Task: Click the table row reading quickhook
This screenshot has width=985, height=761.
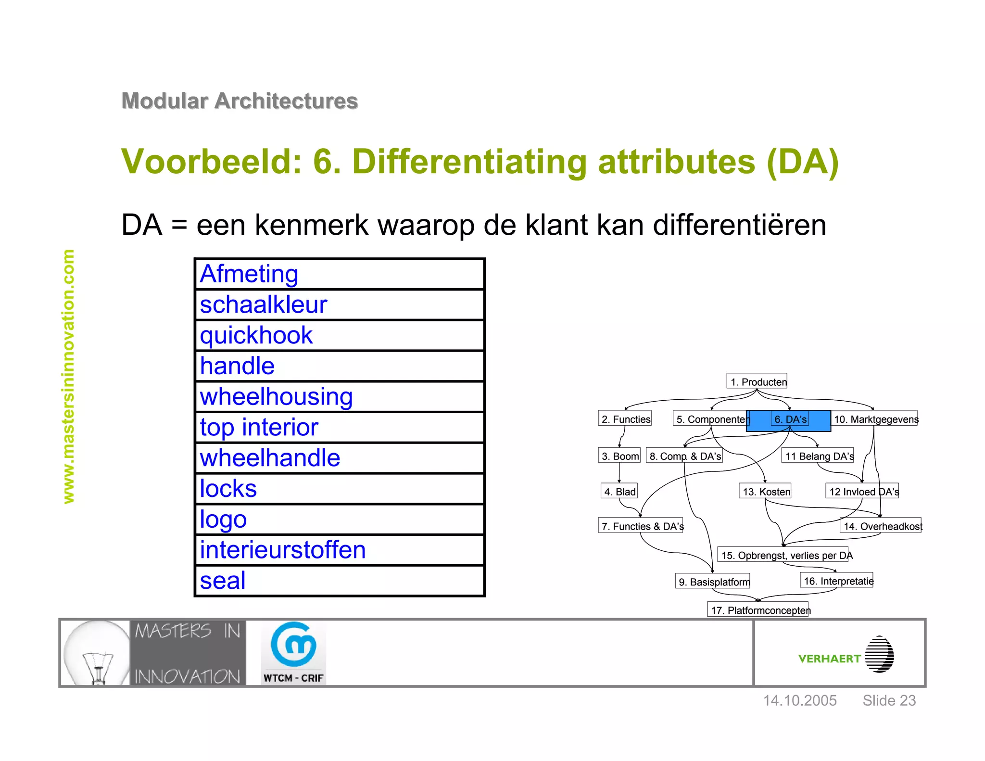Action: coord(339,335)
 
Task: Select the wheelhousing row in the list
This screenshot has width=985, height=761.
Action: coord(339,397)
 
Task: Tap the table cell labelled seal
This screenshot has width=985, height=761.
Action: coord(339,581)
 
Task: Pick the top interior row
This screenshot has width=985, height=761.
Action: coord(339,428)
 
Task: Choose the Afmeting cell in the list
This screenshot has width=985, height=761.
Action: coord(339,274)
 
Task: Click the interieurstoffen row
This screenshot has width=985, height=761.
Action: coord(339,550)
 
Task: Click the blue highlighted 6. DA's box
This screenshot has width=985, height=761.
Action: coord(789,420)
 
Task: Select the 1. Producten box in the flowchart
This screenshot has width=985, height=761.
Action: coord(757,381)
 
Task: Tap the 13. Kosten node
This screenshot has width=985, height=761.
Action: coord(765,491)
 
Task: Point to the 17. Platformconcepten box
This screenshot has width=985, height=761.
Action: coord(758,609)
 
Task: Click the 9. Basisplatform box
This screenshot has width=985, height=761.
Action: coord(713,581)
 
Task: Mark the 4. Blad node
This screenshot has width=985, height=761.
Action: coord(619,491)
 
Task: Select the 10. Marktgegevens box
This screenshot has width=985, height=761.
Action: coord(875,419)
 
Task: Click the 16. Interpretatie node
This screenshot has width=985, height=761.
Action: coord(837,581)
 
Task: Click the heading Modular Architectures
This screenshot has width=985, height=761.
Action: coord(240,101)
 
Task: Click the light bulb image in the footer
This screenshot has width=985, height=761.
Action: coord(97,653)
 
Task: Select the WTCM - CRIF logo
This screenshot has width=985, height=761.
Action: coord(293,653)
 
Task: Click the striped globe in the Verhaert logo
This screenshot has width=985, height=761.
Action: coord(879,654)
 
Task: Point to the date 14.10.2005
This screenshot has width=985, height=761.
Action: coord(800,700)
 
